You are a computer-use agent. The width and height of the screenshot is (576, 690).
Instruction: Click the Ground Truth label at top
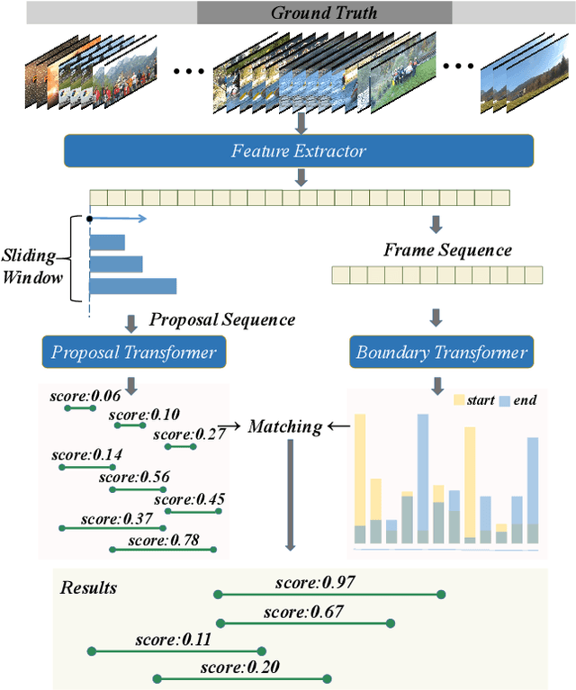(x=324, y=13)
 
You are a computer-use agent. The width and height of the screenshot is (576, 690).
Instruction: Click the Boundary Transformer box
(x=442, y=352)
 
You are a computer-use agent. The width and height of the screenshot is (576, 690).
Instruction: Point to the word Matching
(x=284, y=426)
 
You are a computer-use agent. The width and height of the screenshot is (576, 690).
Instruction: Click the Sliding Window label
(x=33, y=265)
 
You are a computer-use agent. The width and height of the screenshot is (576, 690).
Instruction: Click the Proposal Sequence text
(x=221, y=319)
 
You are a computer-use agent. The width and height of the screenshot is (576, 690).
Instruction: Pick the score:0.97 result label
(x=315, y=582)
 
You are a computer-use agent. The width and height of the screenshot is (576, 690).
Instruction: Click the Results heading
(x=88, y=588)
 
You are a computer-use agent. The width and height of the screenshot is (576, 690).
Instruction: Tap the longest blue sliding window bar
(x=132, y=286)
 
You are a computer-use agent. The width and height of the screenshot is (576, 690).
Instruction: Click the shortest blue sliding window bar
(x=107, y=242)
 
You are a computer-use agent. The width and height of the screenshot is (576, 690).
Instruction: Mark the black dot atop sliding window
(x=89, y=218)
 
